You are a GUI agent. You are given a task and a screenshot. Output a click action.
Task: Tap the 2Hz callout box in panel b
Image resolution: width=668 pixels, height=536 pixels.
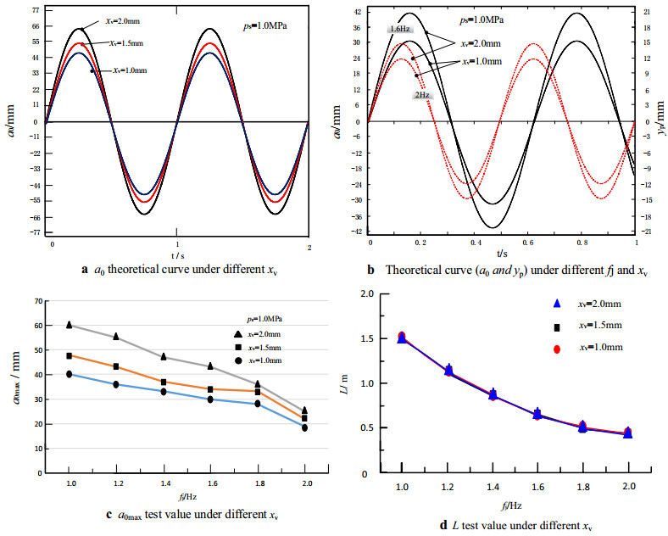421,96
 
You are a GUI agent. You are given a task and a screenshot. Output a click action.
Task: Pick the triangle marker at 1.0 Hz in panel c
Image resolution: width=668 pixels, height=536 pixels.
69,325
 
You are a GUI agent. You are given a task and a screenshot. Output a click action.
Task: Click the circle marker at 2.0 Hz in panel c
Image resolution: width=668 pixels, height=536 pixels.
303,427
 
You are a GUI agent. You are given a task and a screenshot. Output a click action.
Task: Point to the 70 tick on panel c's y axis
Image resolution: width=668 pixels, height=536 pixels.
38,300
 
